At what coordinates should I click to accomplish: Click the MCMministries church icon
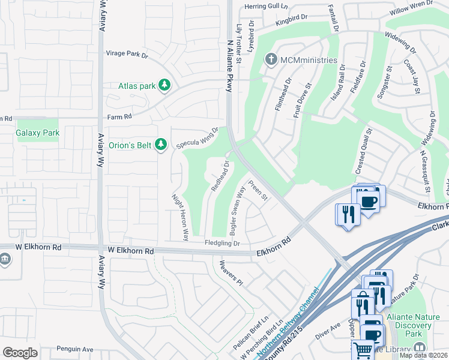click(x=271, y=60)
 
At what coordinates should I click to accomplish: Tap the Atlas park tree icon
click(x=164, y=86)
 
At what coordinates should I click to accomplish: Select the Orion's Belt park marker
click(x=160, y=144)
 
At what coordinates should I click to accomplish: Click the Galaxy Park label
click(x=37, y=133)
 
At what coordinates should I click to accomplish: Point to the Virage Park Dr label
click(x=127, y=54)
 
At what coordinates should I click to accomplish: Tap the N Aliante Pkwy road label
click(x=228, y=65)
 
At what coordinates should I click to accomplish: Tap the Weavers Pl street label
click(x=231, y=273)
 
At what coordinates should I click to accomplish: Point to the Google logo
click(x=20, y=352)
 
